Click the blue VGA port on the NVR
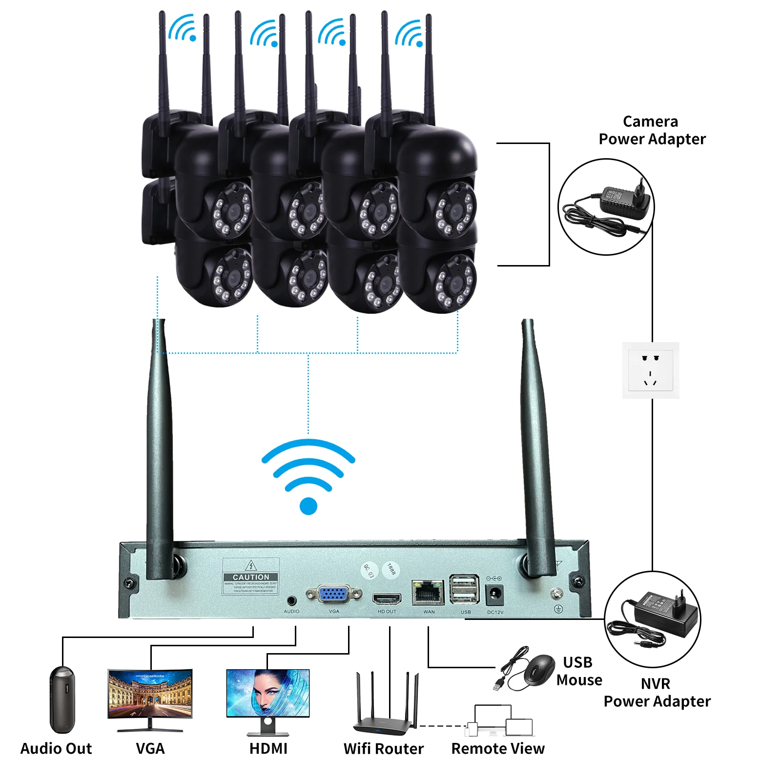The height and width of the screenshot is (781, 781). pyautogui.click(x=333, y=594)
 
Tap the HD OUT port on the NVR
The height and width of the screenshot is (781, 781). pyautogui.click(x=387, y=598)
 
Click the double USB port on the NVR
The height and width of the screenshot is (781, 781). pyautogui.click(x=464, y=590)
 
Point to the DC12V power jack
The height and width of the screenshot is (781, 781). pyautogui.click(x=495, y=595)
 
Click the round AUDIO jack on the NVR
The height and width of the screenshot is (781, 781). pyautogui.click(x=292, y=600)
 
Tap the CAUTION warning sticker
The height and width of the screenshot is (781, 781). pyautogui.click(x=251, y=577)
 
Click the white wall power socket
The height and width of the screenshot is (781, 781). pyautogui.click(x=651, y=370)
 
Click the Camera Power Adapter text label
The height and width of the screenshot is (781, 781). pyautogui.click(x=652, y=130)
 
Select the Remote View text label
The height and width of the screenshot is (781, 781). pyautogui.click(x=497, y=748)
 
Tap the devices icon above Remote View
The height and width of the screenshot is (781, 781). pyautogui.click(x=500, y=720)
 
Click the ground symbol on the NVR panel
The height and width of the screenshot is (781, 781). pyautogui.click(x=558, y=609)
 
